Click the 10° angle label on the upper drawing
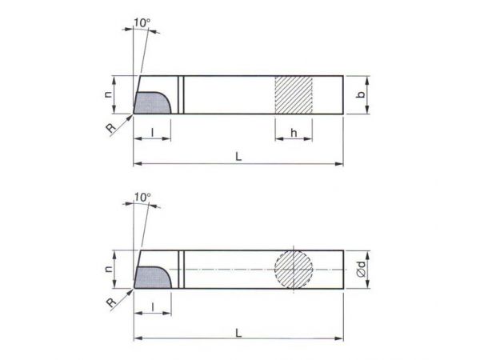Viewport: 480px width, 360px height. (x=142, y=22)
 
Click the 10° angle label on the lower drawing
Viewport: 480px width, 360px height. (x=142, y=197)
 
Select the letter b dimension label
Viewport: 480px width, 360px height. (x=362, y=94)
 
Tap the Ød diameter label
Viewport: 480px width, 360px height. (x=362, y=270)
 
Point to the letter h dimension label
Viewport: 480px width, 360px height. (x=294, y=133)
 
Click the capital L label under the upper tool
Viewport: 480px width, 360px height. (x=238, y=157)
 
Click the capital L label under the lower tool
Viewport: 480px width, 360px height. (x=238, y=333)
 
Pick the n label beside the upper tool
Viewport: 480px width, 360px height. (x=108, y=94)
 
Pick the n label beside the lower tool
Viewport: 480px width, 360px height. (x=108, y=270)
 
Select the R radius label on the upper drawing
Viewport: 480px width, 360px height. (x=111, y=128)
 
